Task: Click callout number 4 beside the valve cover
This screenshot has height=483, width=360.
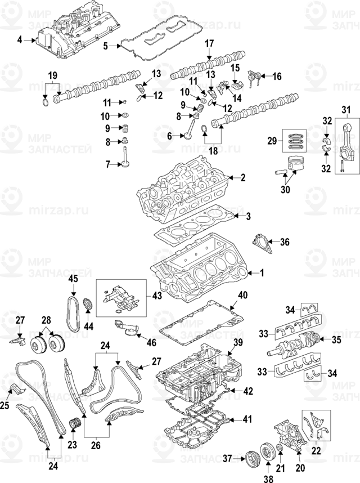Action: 20,40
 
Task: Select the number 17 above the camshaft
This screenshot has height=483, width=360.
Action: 209,43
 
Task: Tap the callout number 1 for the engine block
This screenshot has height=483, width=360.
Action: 260,273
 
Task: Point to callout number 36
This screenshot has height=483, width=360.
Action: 284,243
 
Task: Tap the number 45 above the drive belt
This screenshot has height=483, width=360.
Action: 73,280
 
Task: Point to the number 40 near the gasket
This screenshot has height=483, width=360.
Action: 242,296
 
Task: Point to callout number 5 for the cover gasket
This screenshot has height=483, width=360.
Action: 105,46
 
